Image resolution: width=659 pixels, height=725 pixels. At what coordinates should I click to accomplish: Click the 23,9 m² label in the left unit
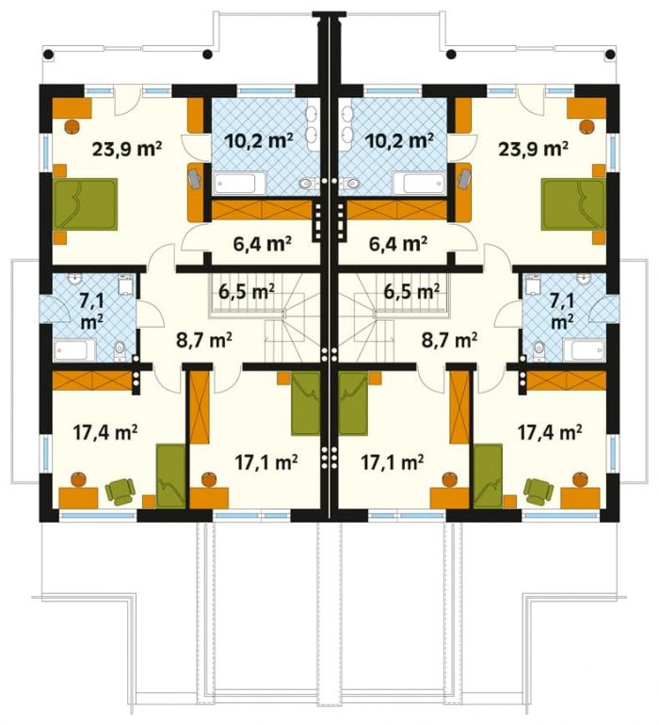tap(127, 149)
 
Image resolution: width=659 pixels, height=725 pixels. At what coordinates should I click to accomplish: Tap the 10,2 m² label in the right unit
tap(399, 139)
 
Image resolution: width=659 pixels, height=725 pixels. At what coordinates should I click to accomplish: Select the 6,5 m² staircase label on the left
tap(247, 291)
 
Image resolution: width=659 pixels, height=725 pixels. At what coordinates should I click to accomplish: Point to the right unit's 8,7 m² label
tap(449, 341)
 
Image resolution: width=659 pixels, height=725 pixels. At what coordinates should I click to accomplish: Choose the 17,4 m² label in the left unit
tap(105, 433)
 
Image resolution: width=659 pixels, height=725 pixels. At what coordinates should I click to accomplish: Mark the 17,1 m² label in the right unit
tap(393, 461)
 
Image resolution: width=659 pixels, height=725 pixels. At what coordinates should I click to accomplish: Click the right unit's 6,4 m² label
tap(397, 243)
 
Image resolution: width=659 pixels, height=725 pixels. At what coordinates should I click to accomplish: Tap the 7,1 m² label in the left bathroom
tap(91, 312)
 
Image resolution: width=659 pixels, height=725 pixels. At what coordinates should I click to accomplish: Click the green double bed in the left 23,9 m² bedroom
tap(85, 204)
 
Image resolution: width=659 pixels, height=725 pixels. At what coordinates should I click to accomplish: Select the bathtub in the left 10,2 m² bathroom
tap(239, 183)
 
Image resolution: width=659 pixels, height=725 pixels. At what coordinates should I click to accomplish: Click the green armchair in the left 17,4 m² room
tap(120, 491)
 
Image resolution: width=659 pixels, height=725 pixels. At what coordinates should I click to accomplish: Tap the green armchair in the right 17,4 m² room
tap(538, 491)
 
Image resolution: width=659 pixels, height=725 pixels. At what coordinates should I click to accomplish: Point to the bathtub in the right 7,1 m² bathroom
tap(584, 350)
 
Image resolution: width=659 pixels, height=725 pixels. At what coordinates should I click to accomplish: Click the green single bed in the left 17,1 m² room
tap(306, 403)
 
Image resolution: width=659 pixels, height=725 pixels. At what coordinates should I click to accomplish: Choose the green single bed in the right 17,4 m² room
tap(488, 475)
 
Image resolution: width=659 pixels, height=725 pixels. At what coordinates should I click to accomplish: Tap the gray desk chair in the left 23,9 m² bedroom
tap(195, 178)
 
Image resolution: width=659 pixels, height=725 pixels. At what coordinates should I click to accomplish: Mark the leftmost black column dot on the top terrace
tap(48, 55)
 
